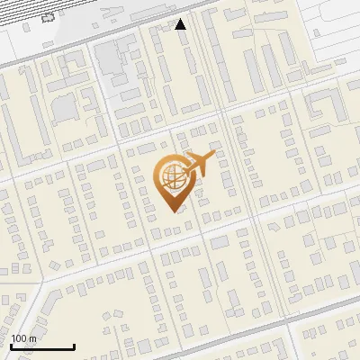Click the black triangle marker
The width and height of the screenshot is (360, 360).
click(181, 24)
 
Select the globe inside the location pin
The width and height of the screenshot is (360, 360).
click(172, 176)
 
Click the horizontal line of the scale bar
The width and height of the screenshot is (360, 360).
click(41, 346)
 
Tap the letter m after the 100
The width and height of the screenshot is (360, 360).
click(33, 338)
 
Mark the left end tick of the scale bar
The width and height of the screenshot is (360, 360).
click(11, 345)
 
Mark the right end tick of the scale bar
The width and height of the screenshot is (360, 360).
click(73, 345)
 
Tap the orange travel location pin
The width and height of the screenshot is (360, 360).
click(173, 184)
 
